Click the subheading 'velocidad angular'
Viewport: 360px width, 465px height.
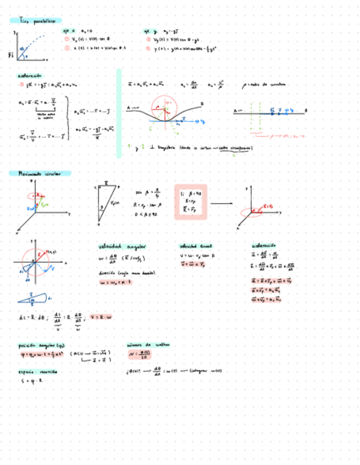(119, 246)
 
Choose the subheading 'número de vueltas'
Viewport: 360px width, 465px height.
(148, 345)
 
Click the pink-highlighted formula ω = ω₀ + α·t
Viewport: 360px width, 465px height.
(119, 282)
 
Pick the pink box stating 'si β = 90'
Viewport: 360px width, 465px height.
(190, 201)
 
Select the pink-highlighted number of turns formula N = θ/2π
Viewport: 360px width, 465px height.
(140, 354)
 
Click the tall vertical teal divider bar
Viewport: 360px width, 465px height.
(119, 112)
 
